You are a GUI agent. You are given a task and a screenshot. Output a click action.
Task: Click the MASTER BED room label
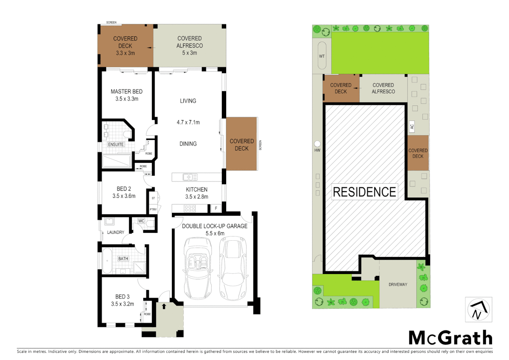click(127, 92)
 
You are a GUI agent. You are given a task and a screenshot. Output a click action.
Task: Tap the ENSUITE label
click(116, 144)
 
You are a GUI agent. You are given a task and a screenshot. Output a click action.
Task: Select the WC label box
click(141, 221)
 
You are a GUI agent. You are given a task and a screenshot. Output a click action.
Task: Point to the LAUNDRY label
click(116, 232)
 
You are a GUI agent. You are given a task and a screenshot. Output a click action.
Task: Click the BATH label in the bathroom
click(123, 259)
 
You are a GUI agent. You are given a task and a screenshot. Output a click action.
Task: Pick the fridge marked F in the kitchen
click(216, 208)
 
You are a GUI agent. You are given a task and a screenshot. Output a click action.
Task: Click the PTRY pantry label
click(153, 209)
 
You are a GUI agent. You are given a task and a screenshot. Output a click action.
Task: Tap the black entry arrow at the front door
click(164, 306)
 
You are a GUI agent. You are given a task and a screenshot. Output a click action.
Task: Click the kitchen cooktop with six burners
click(190, 209)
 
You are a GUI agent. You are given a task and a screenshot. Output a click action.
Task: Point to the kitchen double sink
click(190, 177)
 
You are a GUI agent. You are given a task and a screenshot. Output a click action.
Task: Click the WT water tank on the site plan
click(322, 56)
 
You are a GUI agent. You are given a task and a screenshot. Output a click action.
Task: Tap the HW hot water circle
click(317, 144)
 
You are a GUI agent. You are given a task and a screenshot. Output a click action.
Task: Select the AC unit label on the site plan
click(412, 127)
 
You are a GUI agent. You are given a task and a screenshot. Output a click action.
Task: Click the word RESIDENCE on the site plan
click(364, 192)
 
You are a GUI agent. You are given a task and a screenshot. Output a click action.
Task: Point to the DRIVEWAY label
click(398, 284)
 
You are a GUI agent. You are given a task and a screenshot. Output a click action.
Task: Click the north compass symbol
click(478, 310)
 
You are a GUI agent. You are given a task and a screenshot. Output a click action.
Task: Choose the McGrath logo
click(450, 338)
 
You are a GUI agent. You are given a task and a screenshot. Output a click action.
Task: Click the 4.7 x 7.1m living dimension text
click(188, 122)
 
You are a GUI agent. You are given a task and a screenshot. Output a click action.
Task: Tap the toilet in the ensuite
click(127, 134)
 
